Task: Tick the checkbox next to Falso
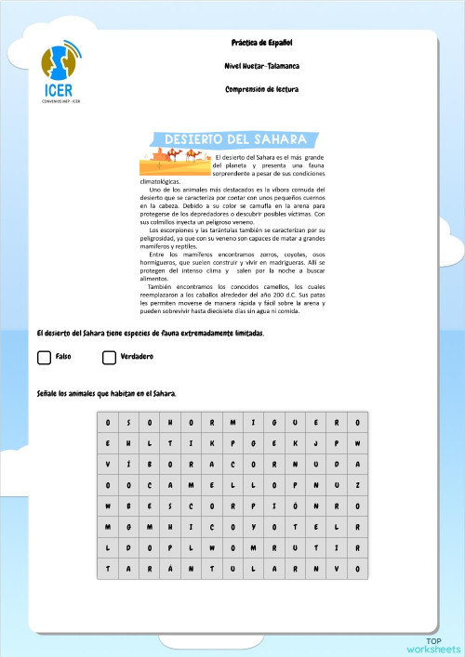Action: tap(44, 358)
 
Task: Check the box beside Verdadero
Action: tap(109, 358)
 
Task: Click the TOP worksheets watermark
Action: tap(432, 645)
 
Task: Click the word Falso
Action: tap(64, 357)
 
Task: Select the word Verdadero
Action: tap(137, 357)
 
